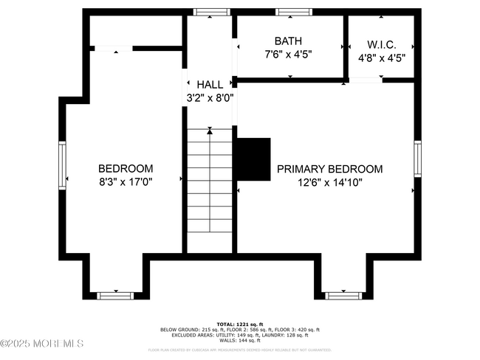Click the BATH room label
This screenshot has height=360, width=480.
click(287, 41)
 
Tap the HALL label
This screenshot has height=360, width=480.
click(210, 85)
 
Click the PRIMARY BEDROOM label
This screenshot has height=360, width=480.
click(329, 169)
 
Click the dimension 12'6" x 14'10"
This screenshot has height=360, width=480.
click(329, 181)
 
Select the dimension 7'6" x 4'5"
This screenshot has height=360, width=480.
click(287, 55)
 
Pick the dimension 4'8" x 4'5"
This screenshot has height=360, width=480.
click(382, 58)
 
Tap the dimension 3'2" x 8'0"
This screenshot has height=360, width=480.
click(210, 97)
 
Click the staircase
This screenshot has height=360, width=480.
click(210, 190)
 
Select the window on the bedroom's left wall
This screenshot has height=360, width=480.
click(63, 163)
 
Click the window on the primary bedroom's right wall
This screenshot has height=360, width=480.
click(418, 160)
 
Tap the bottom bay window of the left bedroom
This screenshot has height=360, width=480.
click(115, 295)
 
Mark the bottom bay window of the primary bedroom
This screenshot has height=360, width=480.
click(343, 295)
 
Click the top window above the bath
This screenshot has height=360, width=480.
click(290, 12)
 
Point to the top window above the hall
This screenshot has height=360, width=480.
click(207, 12)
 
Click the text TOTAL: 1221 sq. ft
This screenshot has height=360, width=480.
click(240, 324)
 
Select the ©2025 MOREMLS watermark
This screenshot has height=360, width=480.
click(42, 344)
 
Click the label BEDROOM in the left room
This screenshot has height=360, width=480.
click(126, 168)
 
